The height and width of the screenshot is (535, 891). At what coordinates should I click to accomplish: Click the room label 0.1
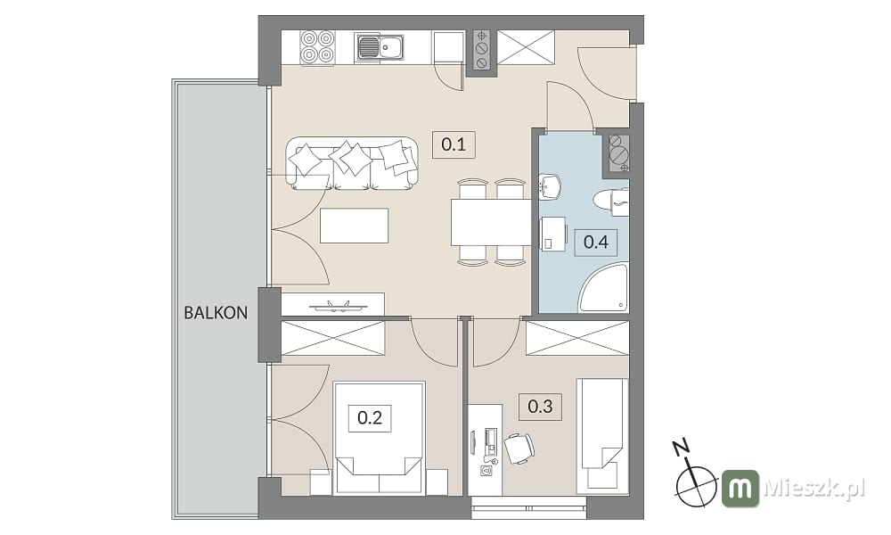(454, 144)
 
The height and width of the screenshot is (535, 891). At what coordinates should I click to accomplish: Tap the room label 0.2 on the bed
(370, 418)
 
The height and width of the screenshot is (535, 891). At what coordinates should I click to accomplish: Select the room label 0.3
(541, 407)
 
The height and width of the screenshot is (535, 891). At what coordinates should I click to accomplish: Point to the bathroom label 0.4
(596, 243)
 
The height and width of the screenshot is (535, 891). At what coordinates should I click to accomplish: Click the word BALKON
(216, 313)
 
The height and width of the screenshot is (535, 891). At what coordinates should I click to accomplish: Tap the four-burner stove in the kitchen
(317, 46)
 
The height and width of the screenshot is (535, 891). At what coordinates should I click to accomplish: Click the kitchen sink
(380, 46)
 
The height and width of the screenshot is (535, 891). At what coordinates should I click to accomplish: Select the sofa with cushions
(353, 163)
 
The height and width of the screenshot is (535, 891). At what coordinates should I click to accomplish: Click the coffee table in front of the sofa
(354, 226)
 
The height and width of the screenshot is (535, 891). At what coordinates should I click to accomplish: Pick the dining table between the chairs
(491, 222)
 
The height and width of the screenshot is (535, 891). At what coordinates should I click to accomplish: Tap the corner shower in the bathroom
(603, 287)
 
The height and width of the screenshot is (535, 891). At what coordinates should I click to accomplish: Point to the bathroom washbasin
(550, 186)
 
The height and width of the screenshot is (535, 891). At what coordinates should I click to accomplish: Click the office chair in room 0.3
(519, 449)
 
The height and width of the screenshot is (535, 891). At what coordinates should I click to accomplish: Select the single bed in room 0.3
(603, 435)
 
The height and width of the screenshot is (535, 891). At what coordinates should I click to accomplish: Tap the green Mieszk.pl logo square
(740, 489)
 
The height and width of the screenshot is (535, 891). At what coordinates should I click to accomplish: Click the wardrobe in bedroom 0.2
(333, 338)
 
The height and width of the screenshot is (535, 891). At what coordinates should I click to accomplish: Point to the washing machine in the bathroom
(553, 234)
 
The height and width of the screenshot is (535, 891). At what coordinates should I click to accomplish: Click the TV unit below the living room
(333, 304)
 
